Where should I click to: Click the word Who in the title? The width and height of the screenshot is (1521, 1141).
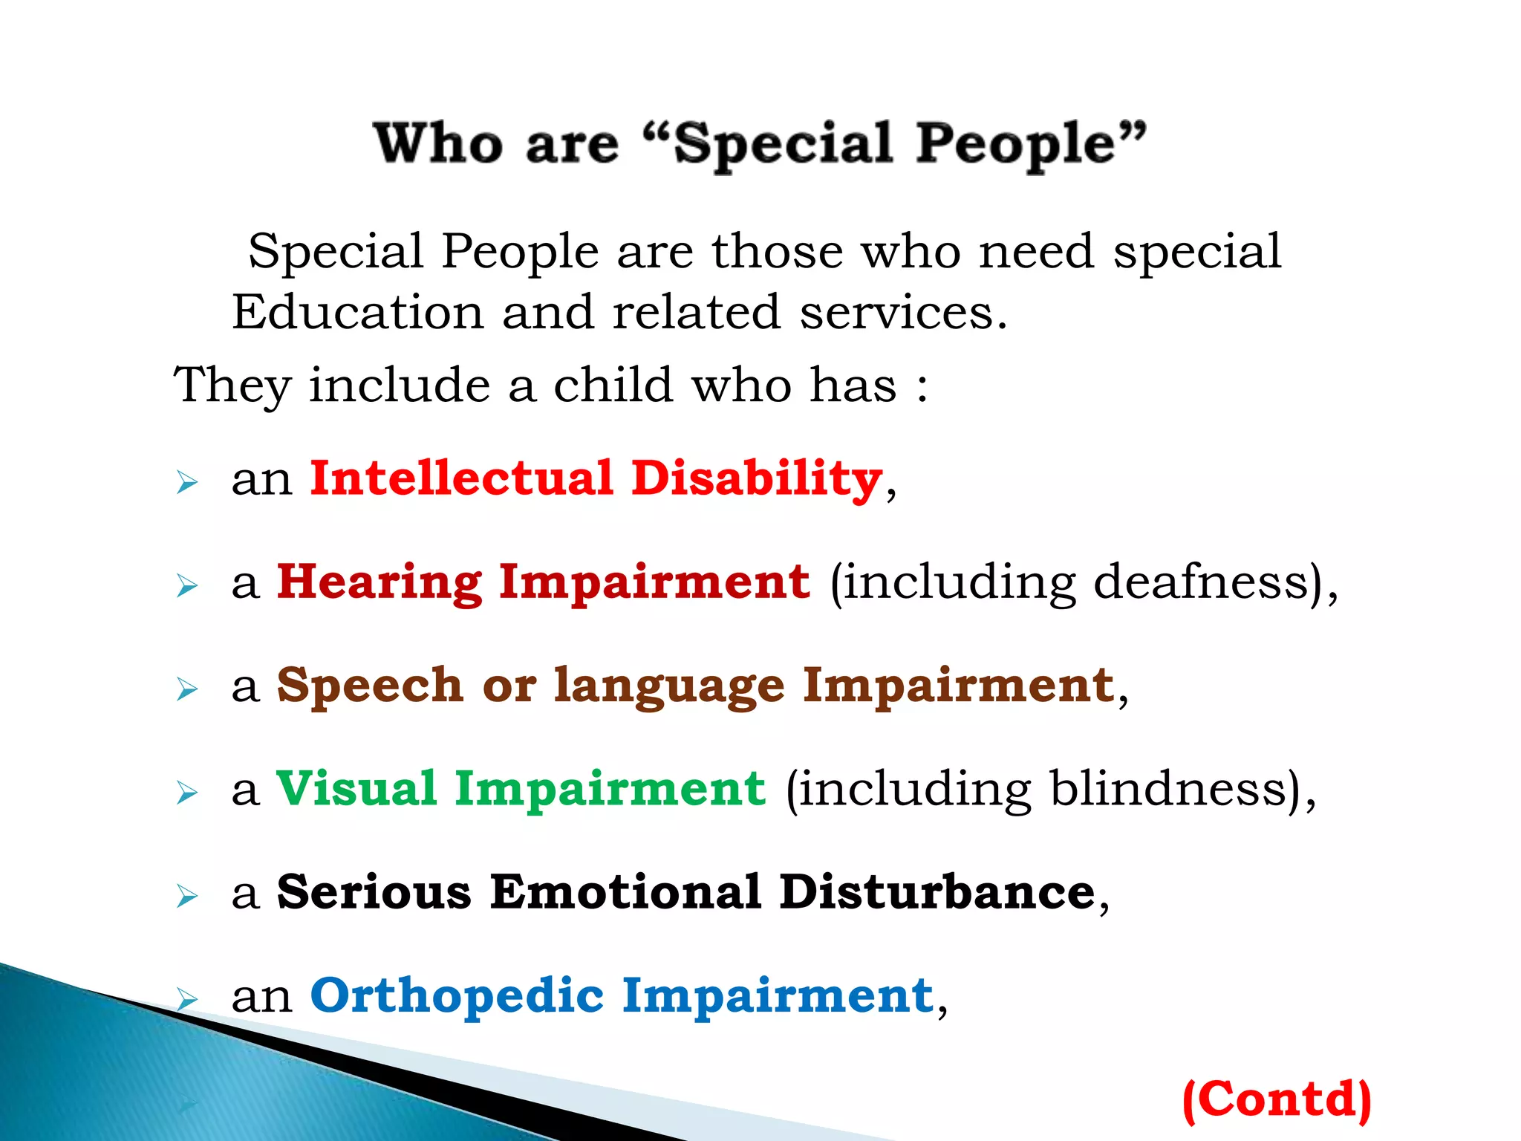(x=438, y=143)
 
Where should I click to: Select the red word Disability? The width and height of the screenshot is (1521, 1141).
(x=757, y=479)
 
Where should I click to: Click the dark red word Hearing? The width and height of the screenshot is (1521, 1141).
(x=379, y=582)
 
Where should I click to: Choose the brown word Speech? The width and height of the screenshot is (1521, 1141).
(x=370, y=686)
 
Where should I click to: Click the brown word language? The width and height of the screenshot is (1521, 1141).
(x=669, y=687)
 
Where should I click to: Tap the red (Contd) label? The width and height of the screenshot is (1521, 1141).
(x=1277, y=1099)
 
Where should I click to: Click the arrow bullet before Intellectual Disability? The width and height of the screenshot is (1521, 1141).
(x=187, y=483)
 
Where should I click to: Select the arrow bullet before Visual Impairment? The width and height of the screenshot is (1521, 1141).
(x=187, y=793)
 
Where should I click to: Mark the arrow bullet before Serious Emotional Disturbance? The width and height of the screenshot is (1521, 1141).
(x=187, y=897)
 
